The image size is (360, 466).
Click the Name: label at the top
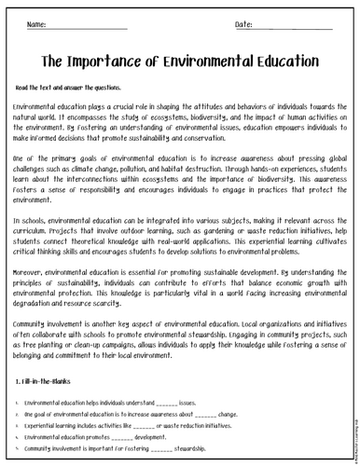click(x=37, y=23)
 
